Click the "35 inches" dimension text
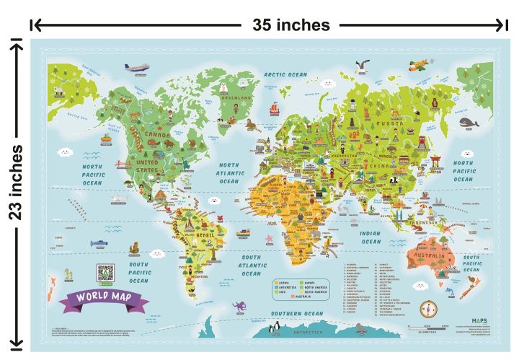(x=290, y=25)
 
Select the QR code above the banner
(x=106, y=273)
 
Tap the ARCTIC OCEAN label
(x=285, y=74)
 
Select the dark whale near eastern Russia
(x=469, y=123)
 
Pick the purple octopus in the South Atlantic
(x=267, y=237)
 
